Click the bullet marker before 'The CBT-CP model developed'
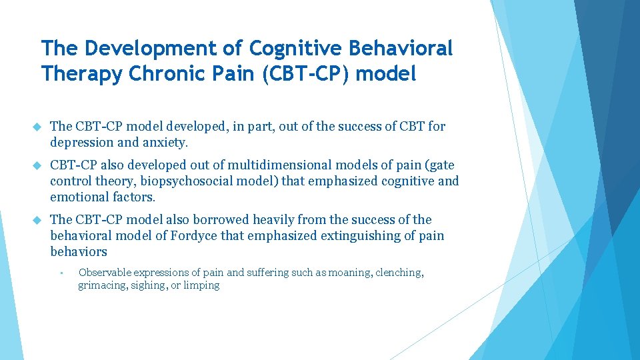(x=37, y=127)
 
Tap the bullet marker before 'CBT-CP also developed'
(x=37, y=165)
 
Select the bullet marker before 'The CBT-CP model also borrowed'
(x=37, y=220)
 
